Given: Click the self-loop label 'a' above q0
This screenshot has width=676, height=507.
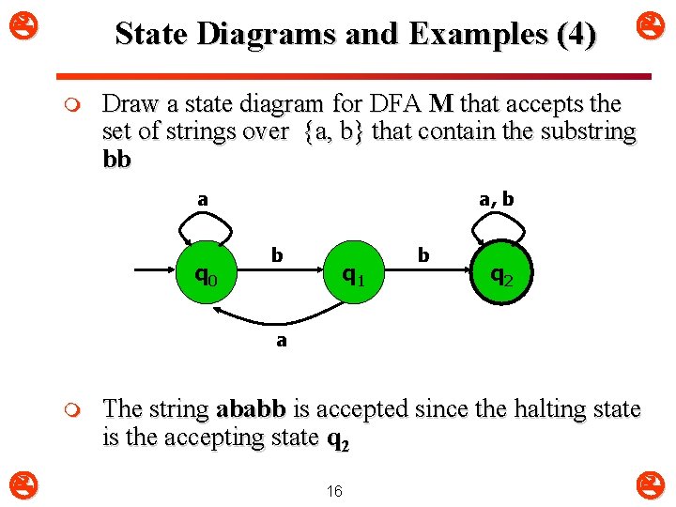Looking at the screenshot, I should coord(202,199).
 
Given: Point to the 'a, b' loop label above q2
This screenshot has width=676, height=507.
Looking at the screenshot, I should coord(496,199).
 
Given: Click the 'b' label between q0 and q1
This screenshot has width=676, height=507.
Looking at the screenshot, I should coord(276,254).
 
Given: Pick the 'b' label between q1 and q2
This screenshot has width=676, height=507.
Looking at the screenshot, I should coord(423,254).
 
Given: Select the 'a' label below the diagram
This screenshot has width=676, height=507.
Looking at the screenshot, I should coord(281,341).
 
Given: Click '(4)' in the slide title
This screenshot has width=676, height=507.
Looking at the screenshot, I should coord(576,35).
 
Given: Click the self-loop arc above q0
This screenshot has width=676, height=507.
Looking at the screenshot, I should coord(207,223).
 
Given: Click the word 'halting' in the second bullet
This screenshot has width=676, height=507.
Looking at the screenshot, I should coord(525,409).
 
